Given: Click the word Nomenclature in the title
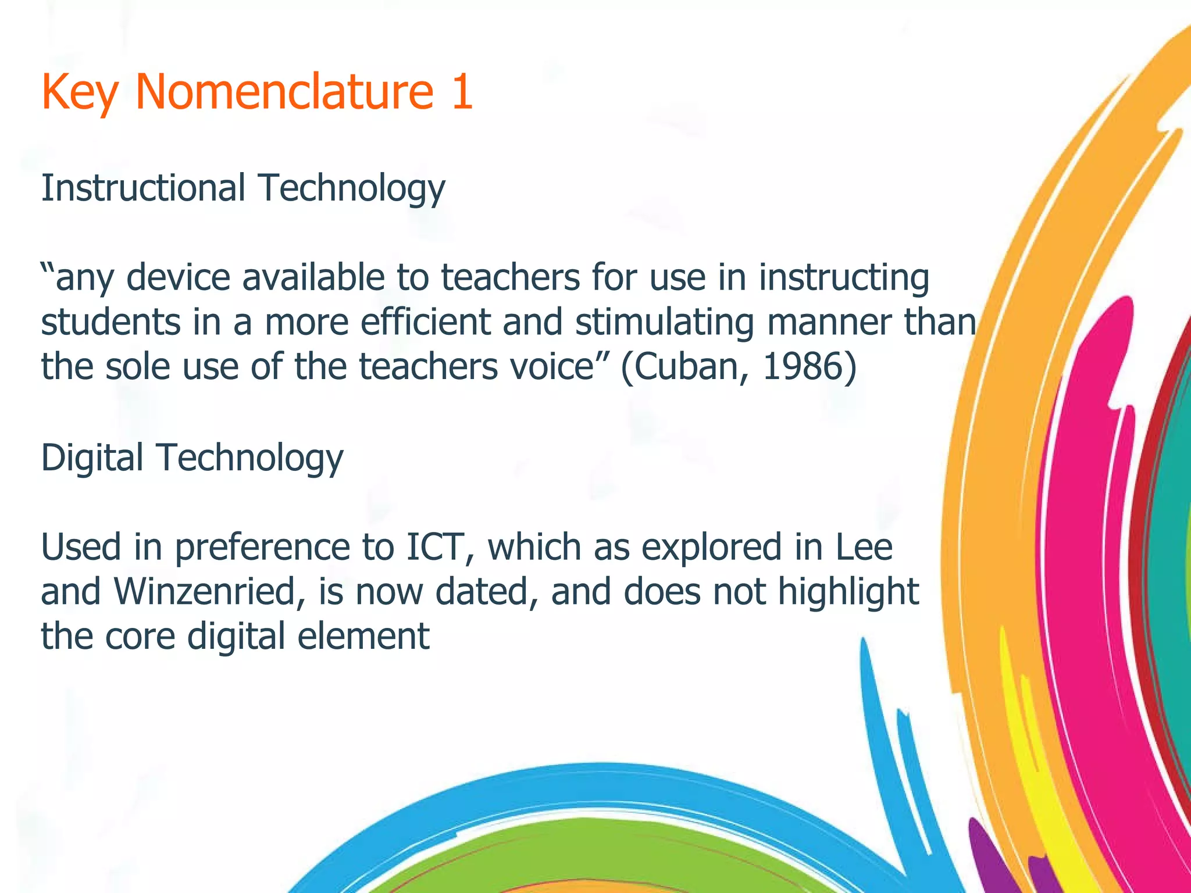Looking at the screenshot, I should [x=284, y=92].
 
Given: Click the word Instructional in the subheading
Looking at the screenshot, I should [x=143, y=188].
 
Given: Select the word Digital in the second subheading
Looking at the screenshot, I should [x=92, y=458].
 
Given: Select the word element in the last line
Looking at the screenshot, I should [x=363, y=636].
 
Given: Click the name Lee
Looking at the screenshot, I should [x=863, y=547].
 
